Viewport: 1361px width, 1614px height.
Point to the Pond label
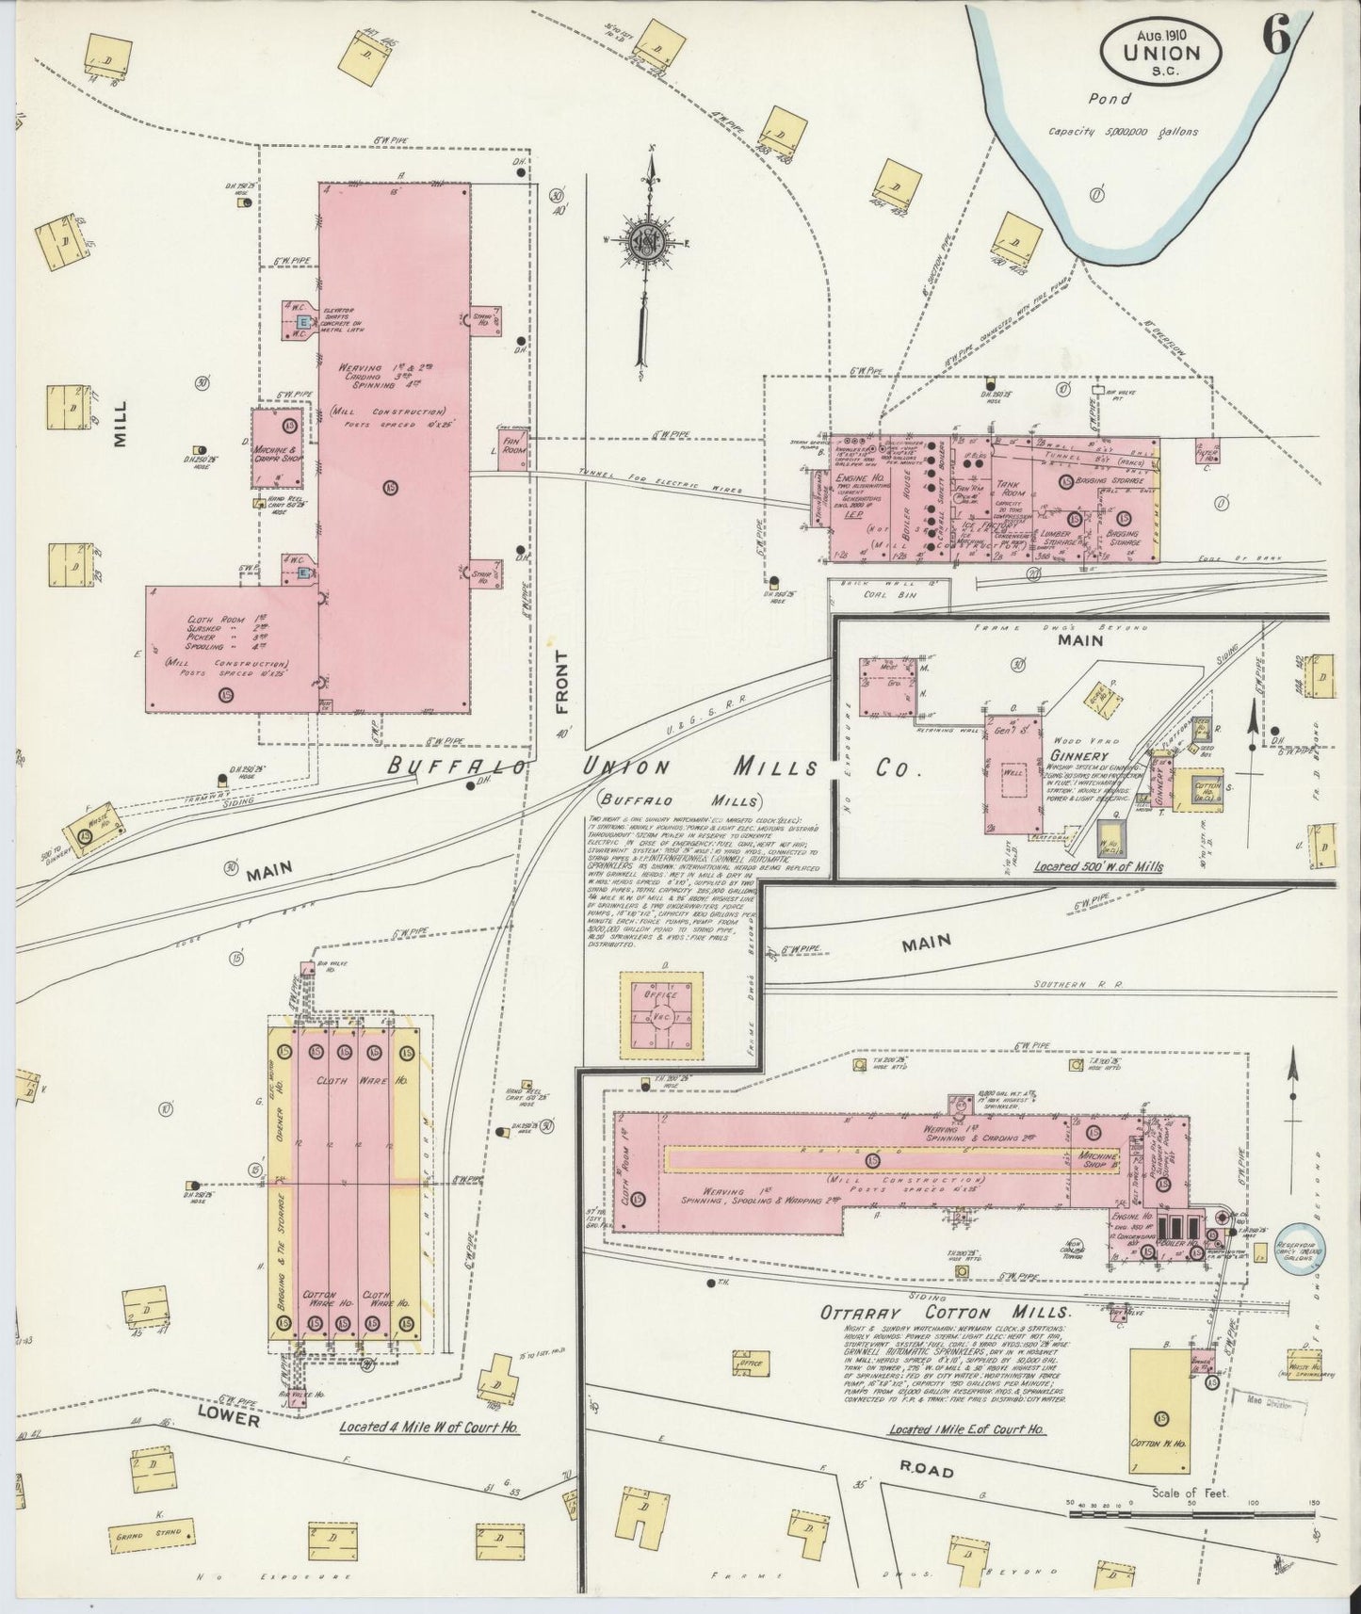click(1109, 98)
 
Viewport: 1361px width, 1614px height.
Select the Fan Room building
click(513, 445)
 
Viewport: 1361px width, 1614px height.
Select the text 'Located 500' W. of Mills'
click(1096, 866)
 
